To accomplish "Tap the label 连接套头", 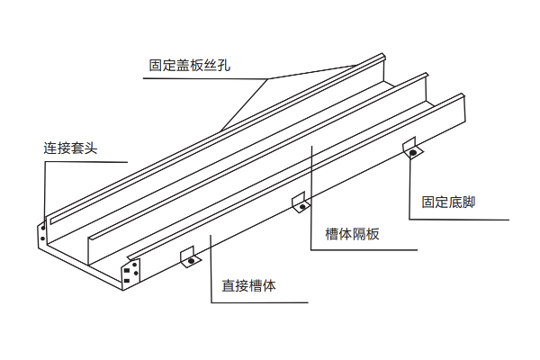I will tap(69, 146).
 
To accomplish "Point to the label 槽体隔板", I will tap(353, 234).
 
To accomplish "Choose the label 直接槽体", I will tap(249, 287).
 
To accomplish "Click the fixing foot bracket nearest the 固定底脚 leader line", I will tap(411, 148).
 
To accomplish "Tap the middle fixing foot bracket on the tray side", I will tap(301, 203).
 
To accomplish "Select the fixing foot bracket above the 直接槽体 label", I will tap(189, 258).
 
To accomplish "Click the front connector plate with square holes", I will tap(131, 273).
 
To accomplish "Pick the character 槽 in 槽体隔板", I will tap(332, 234).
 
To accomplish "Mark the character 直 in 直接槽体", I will tap(229, 287).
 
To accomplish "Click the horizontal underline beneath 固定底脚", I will tap(459, 219).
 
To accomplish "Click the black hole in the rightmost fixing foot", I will tap(413, 153).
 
